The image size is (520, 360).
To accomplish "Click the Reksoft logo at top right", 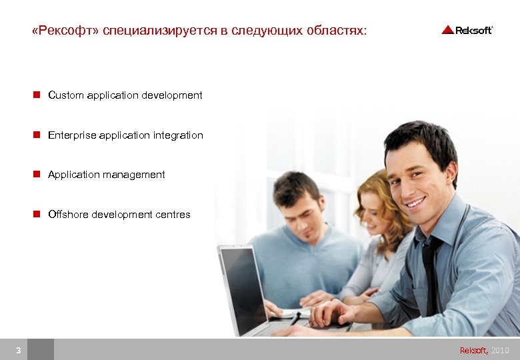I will [x=467, y=30].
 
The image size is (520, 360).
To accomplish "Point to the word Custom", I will [x=65, y=95].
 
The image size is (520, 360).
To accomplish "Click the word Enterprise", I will [x=72, y=135].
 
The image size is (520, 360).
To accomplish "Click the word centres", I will [x=173, y=215].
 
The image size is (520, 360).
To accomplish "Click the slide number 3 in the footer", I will [x=19, y=350].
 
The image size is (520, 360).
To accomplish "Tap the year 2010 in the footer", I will [x=500, y=350].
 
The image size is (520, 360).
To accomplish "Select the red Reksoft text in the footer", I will [x=473, y=350].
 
